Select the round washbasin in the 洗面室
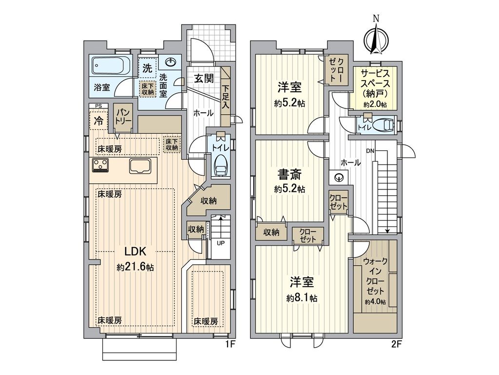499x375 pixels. point(171,63)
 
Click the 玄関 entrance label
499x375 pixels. point(205,79)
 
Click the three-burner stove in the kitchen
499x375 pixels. point(101,166)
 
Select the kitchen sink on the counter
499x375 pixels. point(140,166)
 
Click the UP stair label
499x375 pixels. point(220,243)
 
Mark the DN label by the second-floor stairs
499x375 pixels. point(370,151)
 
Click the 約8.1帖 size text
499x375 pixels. point(302,297)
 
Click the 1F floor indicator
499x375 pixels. point(230,344)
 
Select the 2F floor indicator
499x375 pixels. point(396,344)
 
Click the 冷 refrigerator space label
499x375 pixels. point(98,121)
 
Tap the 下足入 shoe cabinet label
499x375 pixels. point(226,96)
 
